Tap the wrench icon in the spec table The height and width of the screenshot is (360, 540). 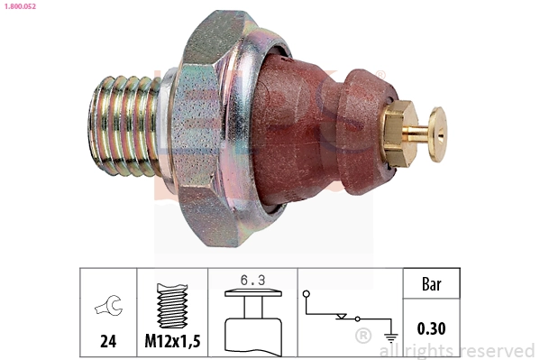[107, 308]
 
